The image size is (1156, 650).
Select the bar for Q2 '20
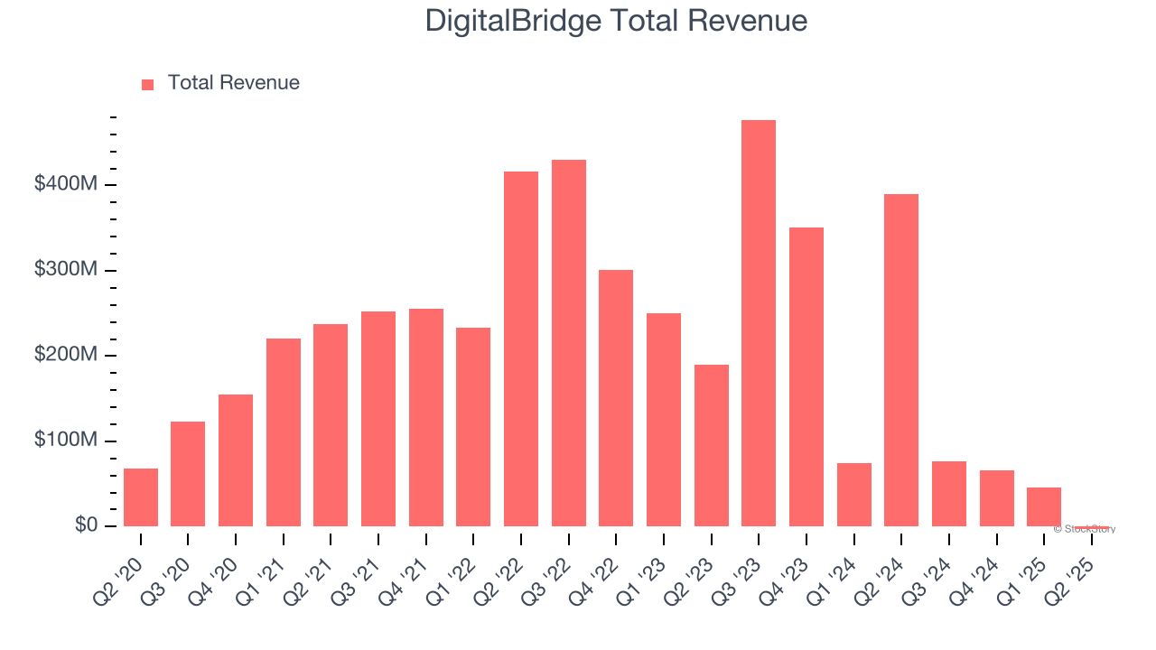[141, 497]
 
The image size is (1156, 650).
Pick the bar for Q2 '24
[901, 360]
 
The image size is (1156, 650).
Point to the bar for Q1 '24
[854, 495]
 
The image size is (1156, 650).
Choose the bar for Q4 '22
[616, 398]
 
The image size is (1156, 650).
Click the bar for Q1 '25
[1044, 507]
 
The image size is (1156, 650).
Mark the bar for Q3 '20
[188, 474]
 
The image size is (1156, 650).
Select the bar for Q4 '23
[806, 376]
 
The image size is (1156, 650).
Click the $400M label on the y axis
[65, 184]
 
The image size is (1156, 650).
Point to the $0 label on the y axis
[86, 525]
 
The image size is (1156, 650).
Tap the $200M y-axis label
[65, 355]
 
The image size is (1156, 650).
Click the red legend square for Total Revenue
[148, 84]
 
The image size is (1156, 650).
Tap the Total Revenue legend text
[233, 83]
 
